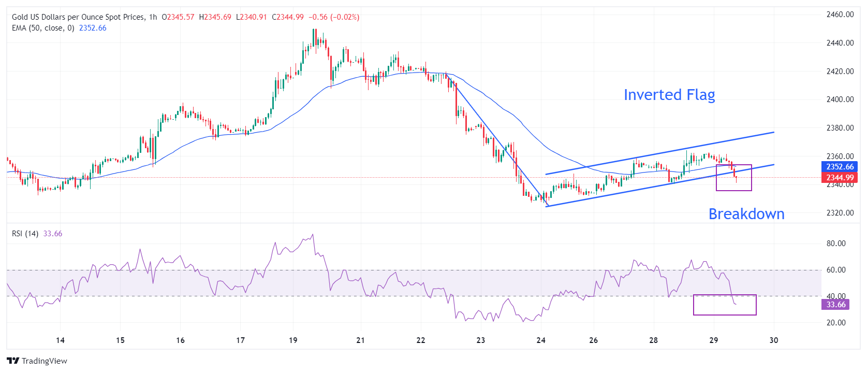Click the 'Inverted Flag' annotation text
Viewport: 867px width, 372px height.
pos(669,95)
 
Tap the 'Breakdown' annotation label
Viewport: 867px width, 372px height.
pos(746,214)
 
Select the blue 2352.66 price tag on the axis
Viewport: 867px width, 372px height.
pos(840,167)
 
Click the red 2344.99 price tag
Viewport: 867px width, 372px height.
pos(840,178)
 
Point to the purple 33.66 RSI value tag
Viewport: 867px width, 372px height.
pos(835,305)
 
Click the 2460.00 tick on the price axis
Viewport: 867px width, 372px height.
pos(840,15)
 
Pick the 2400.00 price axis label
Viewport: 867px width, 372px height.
pos(840,99)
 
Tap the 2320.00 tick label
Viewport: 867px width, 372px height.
pos(840,213)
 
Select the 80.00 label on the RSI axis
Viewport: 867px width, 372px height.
pos(836,244)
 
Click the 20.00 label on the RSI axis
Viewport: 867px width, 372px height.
pos(836,323)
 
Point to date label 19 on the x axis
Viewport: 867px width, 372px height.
pos(293,340)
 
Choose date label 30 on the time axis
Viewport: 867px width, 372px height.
pos(774,340)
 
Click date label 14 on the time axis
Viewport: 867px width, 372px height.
pos(60,340)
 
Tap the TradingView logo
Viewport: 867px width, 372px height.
pos(37,361)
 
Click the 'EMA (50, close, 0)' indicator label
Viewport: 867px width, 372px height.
pos(43,28)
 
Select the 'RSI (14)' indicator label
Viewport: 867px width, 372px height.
pos(25,234)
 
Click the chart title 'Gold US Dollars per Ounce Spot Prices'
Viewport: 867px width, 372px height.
pos(78,17)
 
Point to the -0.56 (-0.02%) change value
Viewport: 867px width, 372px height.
pos(334,17)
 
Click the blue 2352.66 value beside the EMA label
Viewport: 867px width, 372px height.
pos(93,28)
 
